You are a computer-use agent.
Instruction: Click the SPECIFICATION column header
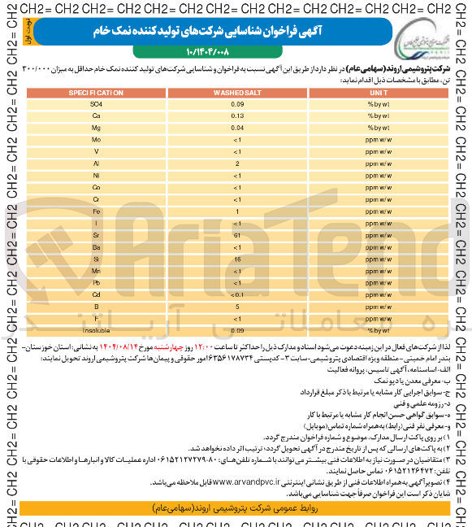96,93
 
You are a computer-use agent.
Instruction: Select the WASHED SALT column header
236,93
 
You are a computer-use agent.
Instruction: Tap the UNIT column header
379,93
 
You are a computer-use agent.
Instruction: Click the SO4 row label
96,104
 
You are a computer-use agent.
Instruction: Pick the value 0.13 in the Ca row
236,116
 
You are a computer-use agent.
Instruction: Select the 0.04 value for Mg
236,128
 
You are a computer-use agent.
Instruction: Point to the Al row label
96,163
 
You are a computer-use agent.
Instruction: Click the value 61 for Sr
236,234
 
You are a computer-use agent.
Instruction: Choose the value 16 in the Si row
236,259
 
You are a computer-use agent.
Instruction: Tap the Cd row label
96,294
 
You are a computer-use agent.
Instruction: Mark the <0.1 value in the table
236,294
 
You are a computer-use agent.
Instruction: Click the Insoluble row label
96,330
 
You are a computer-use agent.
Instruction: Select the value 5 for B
236,307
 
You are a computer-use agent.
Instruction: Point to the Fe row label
96,211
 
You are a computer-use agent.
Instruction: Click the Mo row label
96,140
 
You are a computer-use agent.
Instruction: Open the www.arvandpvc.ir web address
252,481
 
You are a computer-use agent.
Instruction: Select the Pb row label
96,282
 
